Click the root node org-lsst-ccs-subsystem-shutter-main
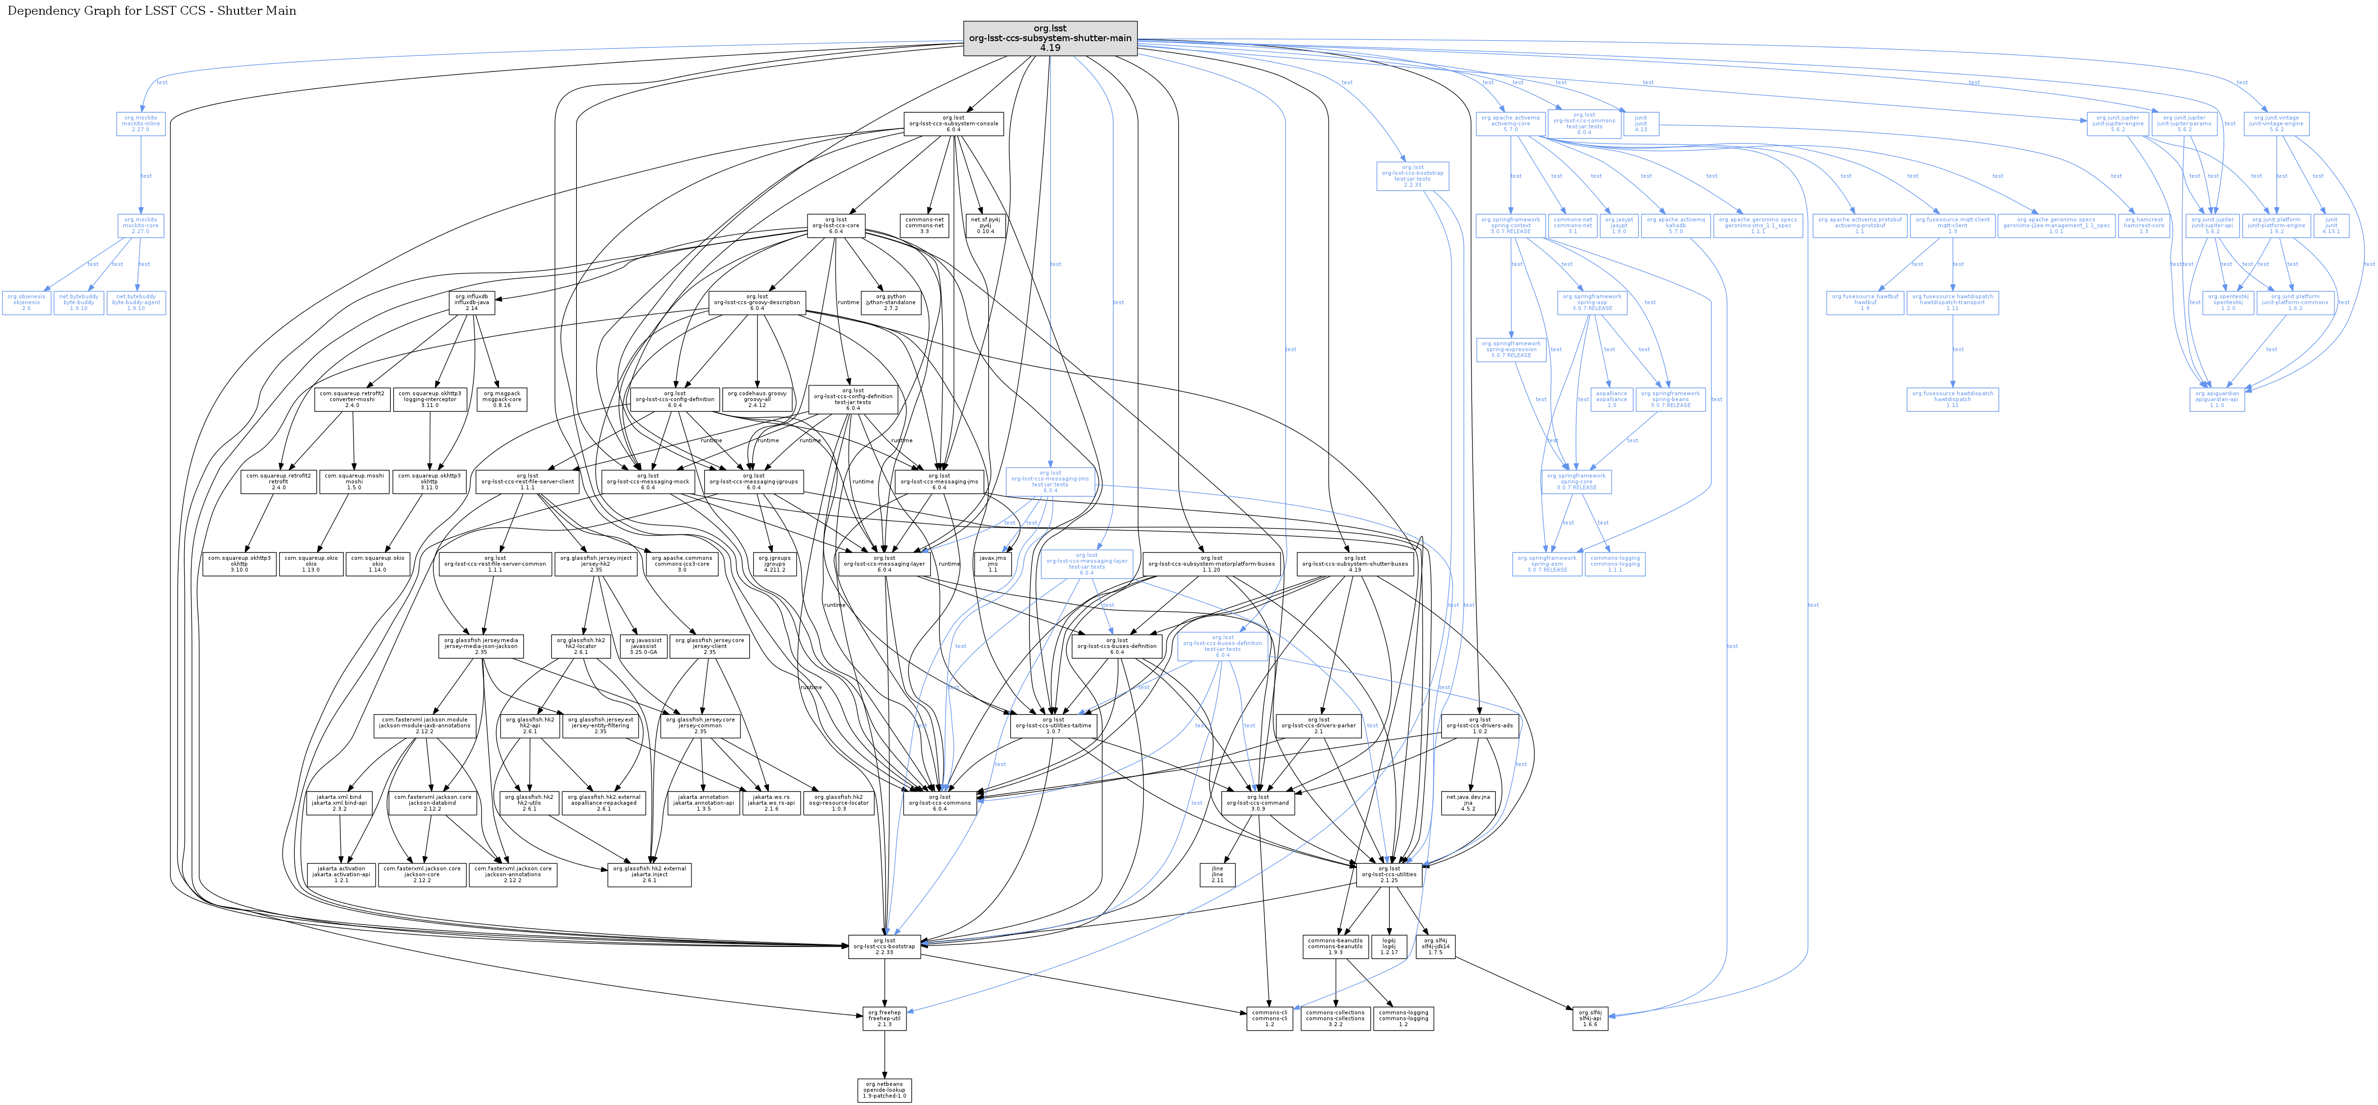click(1049, 38)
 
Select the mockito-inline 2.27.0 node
click(141, 124)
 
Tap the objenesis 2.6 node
click(26, 303)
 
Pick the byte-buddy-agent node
click(137, 303)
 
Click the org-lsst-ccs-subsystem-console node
click(953, 124)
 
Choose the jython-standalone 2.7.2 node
click(891, 303)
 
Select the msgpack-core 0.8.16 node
click(502, 399)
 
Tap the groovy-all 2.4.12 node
click(757, 399)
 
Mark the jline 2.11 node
click(1217, 874)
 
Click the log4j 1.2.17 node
click(1389, 946)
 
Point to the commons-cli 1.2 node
click(1269, 1018)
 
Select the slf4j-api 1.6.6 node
click(1590, 1018)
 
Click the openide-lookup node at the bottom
click(884, 1090)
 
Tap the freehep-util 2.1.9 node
click(884, 1018)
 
